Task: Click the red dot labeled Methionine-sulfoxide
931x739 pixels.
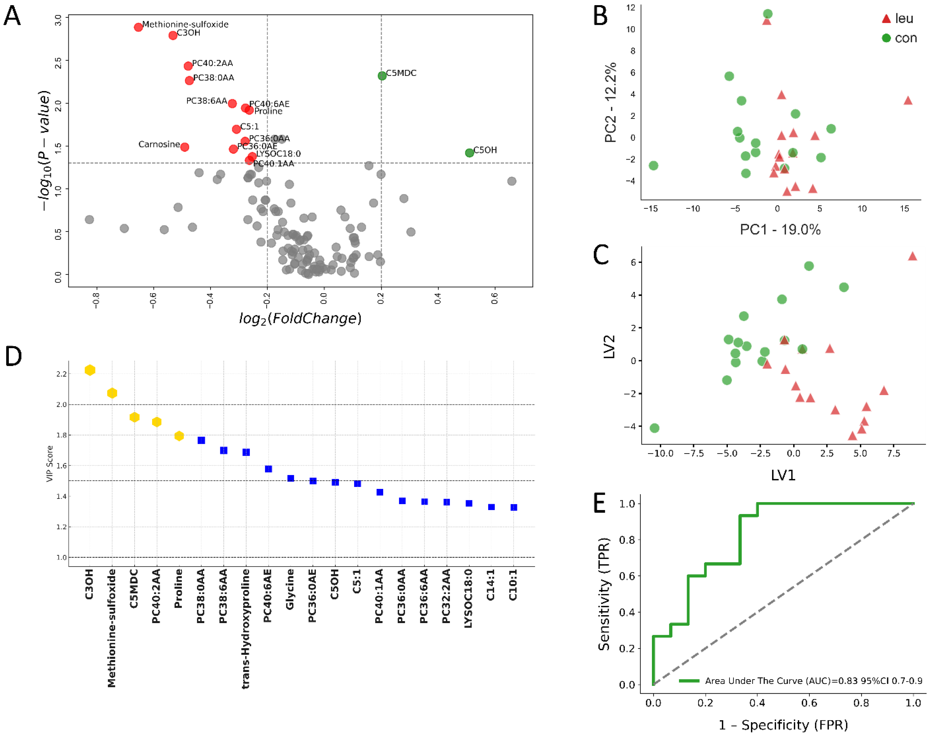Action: point(138,27)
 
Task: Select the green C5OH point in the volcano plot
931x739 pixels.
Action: point(469,152)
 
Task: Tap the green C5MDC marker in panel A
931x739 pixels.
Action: point(382,76)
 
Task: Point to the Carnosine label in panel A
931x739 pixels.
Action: point(159,144)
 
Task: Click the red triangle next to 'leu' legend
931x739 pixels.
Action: point(886,19)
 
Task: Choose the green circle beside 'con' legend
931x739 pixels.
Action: point(886,38)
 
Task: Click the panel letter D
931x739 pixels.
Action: point(13,356)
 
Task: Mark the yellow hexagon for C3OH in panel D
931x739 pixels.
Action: point(90,370)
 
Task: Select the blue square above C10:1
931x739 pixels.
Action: point(513,508)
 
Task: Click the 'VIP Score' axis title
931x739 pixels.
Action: point(50,464)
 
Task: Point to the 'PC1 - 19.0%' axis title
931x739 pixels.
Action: point(780,229)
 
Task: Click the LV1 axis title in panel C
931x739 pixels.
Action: point(783,475)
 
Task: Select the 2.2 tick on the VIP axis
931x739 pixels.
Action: point(61,374)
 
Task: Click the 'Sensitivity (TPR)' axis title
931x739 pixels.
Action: point(604,594)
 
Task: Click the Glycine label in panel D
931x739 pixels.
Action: point(290,589)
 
